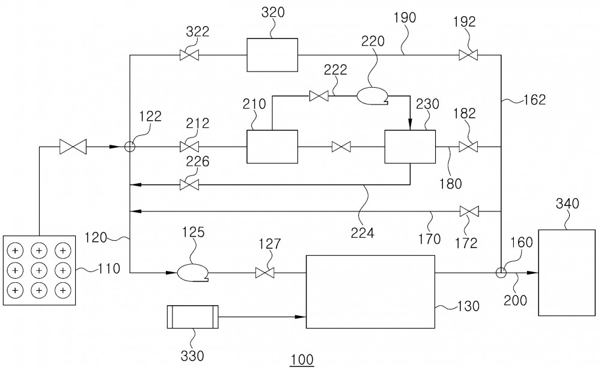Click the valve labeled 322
189,55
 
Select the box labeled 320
272,55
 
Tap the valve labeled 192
468,55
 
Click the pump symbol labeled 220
373,96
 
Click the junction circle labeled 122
130,147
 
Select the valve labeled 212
189,147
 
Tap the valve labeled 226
189,185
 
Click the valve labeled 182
468,147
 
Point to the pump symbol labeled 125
192,273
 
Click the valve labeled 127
265,273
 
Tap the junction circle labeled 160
501,273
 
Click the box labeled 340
567,273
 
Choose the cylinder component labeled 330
193,317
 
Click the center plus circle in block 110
38,270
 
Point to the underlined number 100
302,360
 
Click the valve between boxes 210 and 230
341,147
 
